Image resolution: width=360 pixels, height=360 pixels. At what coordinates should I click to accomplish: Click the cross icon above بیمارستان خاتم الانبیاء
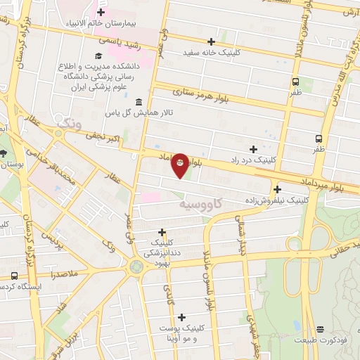101,12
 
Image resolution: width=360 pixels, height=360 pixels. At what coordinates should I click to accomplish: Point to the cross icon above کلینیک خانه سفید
211,41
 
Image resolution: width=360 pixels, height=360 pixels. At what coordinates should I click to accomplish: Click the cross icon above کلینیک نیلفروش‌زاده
278,189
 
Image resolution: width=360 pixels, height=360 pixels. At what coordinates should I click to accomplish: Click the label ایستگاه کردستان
20,287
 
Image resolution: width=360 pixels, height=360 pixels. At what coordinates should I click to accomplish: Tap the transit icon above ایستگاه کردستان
15,276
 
